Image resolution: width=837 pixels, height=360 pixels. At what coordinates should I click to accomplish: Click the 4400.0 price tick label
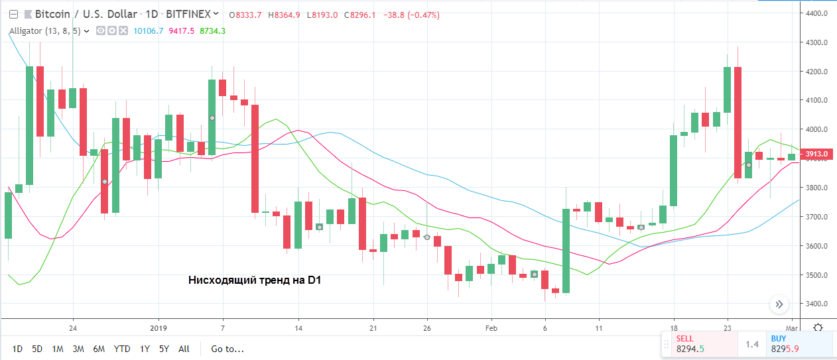point(817,13)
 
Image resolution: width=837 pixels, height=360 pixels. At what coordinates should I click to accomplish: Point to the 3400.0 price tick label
point(817,304)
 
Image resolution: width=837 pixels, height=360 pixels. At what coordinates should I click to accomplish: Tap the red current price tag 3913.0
point(817,154)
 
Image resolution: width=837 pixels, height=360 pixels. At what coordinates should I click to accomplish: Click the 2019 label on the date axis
point(159,328)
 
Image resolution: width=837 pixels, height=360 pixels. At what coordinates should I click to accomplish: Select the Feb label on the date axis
point(491,328)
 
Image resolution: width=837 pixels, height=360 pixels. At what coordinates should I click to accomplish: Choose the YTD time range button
point(122,349)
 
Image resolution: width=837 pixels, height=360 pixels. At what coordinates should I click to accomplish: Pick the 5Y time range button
point(164,349)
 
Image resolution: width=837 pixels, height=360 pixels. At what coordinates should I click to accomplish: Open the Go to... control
point(227,349)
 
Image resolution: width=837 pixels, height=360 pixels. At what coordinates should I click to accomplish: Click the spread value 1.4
point(751,344)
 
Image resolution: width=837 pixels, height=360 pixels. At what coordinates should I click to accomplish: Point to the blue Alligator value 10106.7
point(148,30)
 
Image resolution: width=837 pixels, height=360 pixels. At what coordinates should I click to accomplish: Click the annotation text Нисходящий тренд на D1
point(255,280)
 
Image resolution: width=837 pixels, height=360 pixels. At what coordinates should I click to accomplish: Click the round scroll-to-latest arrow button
point(779,305)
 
